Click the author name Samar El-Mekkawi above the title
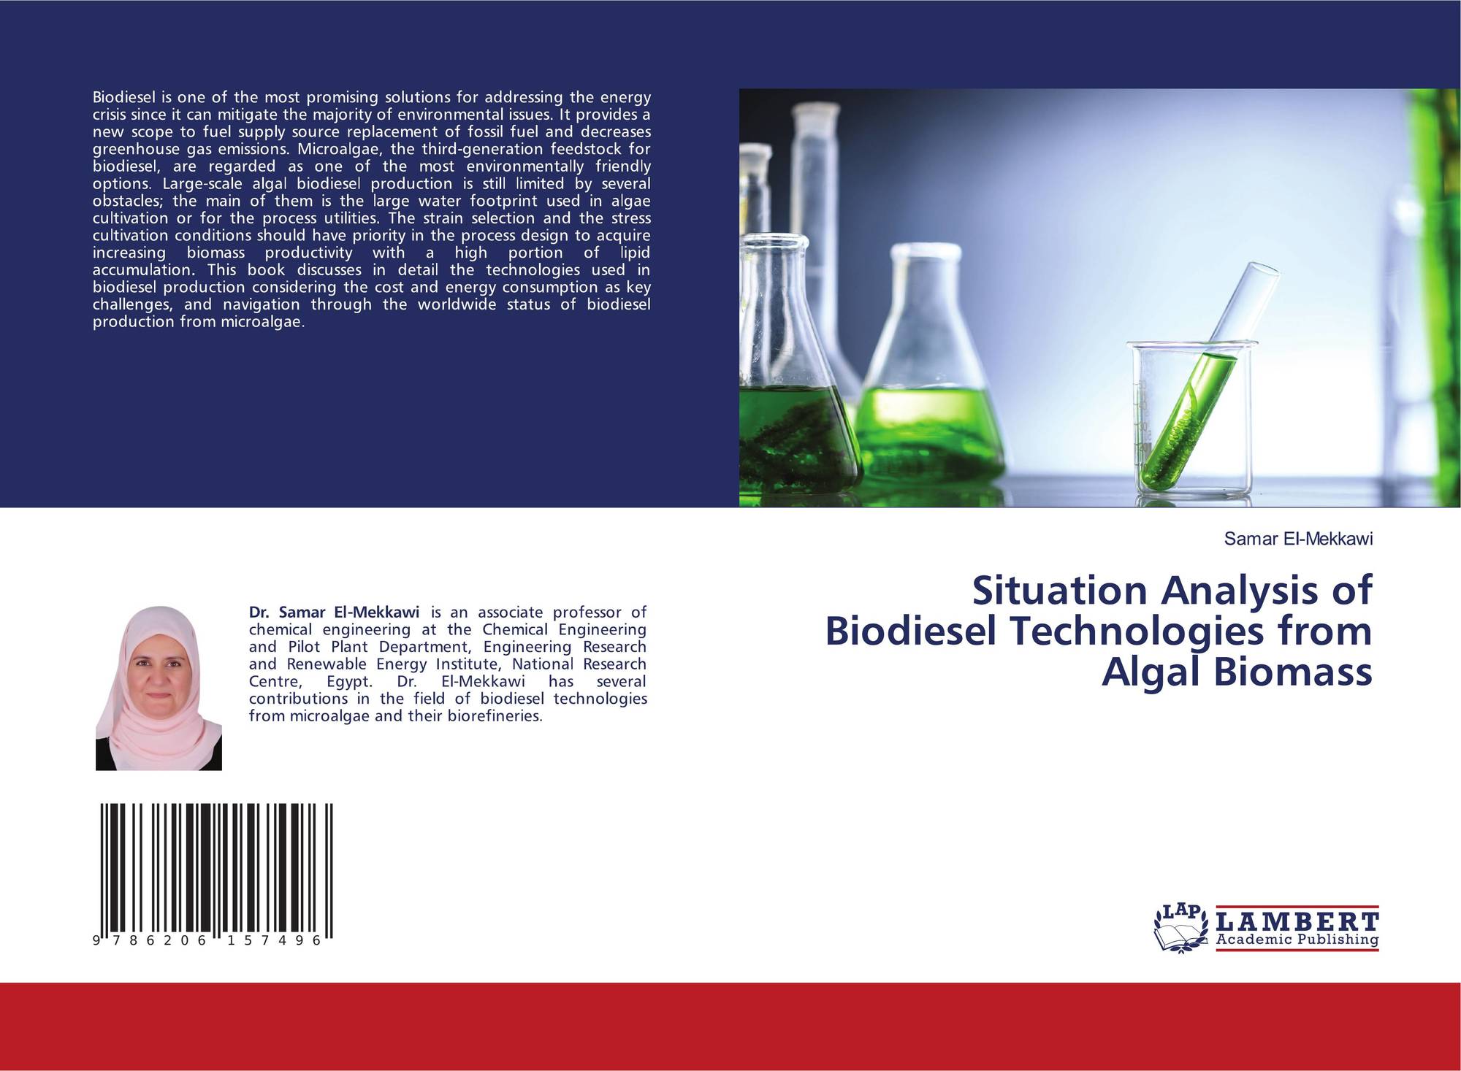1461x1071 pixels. [1298, 539]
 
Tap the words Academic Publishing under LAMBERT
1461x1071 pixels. [1297, 940]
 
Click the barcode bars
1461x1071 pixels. [216, 870]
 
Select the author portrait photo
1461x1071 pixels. [159, 688]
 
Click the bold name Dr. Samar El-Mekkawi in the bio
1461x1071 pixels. [334, 612]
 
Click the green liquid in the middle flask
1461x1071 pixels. [928, 431]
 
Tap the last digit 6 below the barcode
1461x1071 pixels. [316, 941]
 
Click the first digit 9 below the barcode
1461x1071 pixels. [97, 941]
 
